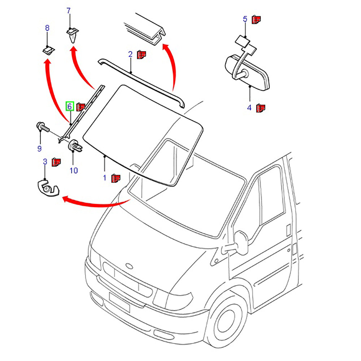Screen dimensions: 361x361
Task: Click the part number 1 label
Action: tap(105, 178)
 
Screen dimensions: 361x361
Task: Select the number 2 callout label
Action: tap(130, 55)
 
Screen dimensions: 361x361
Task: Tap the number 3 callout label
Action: tap(45, 162)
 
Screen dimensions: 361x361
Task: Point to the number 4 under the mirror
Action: tap(249, 108)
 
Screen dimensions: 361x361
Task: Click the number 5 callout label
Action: tap(245, 19)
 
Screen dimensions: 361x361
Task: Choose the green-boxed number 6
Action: tap(69, 106)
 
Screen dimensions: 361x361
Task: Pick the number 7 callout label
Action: tap(69, 11)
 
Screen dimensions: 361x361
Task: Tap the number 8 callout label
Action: tap(47, 28)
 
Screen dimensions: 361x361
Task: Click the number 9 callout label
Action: tap(39, 148)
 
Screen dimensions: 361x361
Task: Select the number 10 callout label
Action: tap(74, 170)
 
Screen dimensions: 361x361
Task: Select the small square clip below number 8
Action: tap(47, 49)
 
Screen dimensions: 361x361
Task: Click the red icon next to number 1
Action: tap(116, 178)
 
